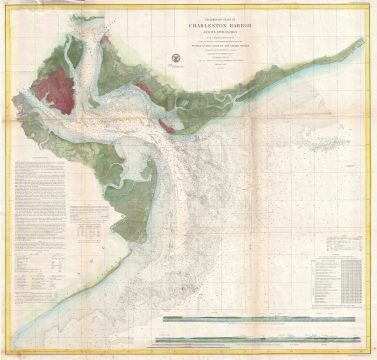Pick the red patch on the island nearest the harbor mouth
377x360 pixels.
click(x=175, y=128)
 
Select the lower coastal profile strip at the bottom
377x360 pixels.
click(x=260, y=327)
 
